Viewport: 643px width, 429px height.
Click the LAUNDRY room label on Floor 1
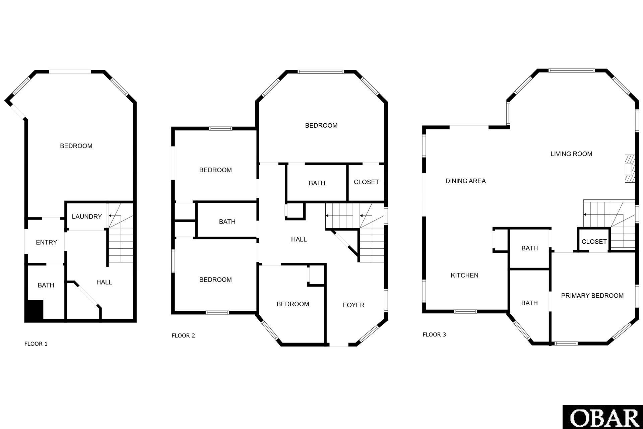(x=87, y=217)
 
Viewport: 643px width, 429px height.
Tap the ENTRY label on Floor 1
(x=47, y=242)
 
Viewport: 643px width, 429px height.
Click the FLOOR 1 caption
(x=36, y=344)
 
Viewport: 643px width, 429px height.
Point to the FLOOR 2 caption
(x=183, y=335)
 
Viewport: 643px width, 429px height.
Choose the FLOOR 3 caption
(x=434, y=334)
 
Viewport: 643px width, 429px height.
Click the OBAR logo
(x=603, y=417)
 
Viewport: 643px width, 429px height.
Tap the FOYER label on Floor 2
(x=353, y=305)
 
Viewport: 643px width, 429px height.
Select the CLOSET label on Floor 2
(x=366, y=182)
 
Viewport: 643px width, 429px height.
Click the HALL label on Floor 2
(x=299, y=239)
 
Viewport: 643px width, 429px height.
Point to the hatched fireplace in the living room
(x=630, y=169)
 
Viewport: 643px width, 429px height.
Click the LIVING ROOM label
(x=571, y=154)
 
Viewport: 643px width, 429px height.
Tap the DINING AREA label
(x=465, y=181)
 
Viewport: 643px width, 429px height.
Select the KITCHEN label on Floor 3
(x=464, y=275)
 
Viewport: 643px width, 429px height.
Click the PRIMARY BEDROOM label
(x=592, y=296)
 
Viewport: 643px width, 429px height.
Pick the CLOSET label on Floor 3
(x=594, y=242)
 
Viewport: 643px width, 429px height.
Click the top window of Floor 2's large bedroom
(x=320, y=71)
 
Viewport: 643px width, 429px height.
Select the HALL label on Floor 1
(x=104, y=282)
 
